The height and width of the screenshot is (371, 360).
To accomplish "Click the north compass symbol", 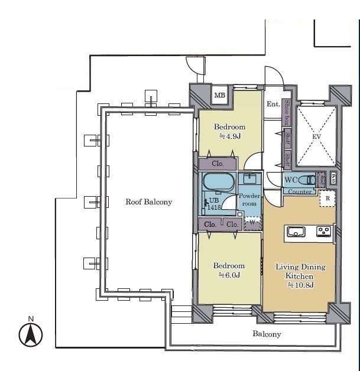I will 31,334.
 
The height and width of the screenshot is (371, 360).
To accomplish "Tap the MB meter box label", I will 219,95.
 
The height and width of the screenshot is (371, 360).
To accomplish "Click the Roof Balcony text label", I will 148,202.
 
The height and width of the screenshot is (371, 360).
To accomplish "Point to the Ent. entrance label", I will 273,105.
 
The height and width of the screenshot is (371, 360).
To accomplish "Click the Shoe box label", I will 287,112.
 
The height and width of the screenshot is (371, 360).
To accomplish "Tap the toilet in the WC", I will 308,180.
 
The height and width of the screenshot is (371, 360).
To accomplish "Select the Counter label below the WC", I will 301,191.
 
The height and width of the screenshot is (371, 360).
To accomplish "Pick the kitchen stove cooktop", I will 323,231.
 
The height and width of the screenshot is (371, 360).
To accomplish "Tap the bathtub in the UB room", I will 218,181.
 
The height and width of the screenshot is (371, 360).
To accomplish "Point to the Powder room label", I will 248,199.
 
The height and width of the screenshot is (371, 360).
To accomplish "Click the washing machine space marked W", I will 252,223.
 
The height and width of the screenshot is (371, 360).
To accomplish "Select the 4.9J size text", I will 229,136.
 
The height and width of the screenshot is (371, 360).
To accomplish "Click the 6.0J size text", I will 229,275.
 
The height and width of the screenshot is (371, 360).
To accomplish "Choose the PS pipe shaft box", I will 333,177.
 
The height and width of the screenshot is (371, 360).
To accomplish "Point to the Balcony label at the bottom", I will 267,334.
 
